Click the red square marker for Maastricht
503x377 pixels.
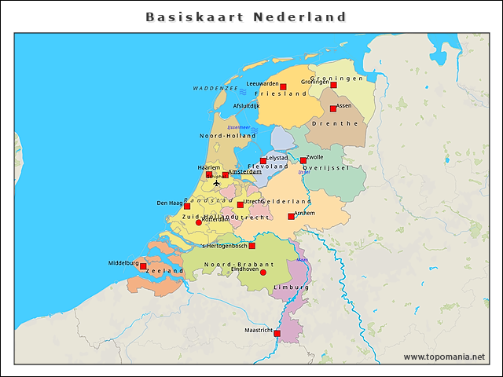277,333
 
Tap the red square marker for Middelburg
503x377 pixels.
143,266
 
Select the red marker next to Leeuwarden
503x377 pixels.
283,86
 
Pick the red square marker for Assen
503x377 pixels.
332,108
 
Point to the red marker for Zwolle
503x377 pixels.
303,160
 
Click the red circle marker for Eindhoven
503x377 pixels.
263,273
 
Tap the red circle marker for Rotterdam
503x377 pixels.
198,222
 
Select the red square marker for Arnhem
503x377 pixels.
291,216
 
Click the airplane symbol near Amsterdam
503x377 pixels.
217,183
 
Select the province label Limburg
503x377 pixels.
291,288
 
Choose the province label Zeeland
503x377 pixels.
164,270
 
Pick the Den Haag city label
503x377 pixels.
169,203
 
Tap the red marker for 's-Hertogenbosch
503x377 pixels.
251,246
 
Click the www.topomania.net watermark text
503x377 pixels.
444,357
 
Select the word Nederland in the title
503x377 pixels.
299,16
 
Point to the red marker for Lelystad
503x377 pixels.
263,161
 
